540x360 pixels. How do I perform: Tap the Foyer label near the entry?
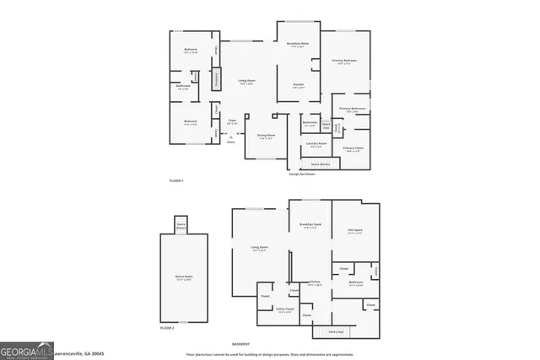click(231, 122)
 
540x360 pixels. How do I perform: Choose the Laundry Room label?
click(316, 144)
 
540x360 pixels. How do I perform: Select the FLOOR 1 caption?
click(176, 181)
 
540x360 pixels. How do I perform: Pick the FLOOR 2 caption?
click(167, 327)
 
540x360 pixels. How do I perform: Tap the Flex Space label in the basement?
click(354, 231)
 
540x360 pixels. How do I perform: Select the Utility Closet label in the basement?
click(285, 309)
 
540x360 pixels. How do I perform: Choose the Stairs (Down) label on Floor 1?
click(321, 164)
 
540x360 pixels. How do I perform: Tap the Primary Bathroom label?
click(352, 110)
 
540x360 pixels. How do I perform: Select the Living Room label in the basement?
click(258, 248)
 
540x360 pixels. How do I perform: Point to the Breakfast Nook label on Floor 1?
click(297, 44)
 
